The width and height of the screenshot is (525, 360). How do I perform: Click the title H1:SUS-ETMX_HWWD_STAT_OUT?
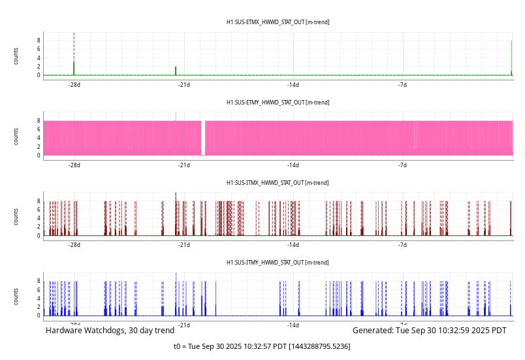tap(278, 22)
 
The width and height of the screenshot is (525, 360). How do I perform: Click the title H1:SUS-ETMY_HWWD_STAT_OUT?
tap(278, 103)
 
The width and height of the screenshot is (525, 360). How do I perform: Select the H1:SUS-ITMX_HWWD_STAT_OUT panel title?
tap(278, 183)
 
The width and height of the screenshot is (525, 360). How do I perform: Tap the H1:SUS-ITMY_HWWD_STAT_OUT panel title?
tap(278, 263)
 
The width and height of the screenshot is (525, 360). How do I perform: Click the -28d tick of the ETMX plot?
tap(74, 85)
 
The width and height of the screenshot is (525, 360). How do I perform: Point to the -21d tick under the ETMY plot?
tap(184, 165)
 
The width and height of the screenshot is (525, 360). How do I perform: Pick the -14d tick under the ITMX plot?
tap(293, 245)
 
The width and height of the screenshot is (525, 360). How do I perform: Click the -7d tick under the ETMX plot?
tap(402, 85)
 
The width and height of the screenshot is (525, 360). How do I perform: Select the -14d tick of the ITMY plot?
tap(293, 325)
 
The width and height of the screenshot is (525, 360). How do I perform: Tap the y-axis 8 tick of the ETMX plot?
tap(39, 41)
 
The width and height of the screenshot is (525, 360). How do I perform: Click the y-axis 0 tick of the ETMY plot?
tap(39, 155)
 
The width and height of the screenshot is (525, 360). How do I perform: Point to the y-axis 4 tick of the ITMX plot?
tap(39, 218)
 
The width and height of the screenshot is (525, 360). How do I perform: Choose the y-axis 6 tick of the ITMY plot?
tap(39, 289)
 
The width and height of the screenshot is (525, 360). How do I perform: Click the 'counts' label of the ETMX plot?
tap(16, 56)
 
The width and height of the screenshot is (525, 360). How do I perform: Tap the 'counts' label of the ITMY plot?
tap(16, 296)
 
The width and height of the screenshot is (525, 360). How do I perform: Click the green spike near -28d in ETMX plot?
tap(74, 68)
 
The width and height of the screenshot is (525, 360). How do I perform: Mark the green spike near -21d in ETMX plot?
tap(176, 71)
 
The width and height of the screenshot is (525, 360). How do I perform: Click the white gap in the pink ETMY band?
tap(203, 137)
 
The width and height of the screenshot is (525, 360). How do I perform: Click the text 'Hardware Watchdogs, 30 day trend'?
tap(110, 331)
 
